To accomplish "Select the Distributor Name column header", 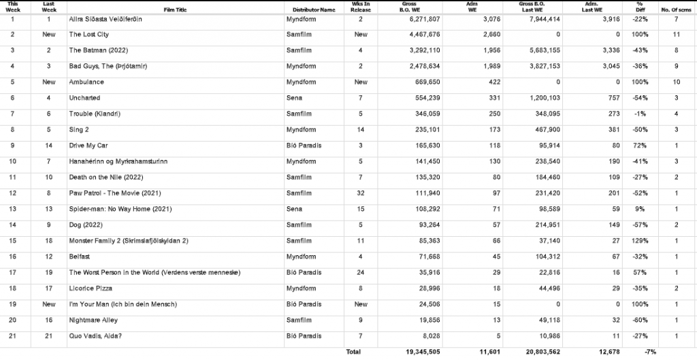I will pyautogui.click(x=314, y=10).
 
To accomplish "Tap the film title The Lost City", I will pyautogui.click(x=89, y=35).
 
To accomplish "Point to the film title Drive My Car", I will pyautogui.click(x=88, y=146).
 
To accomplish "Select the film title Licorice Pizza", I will pyautogui.click(x=91, y=289).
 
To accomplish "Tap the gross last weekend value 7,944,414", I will pyautogui.click(x=541, y=19).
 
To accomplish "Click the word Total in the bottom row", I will pyautogui.click(x=353, y=352).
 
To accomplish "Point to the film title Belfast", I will pyautogui.click(x=80, y=257).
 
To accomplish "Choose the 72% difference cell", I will pyautogui.click(x=641, y=146).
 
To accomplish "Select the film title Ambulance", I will pyautogui.click(x=86, y=82).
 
